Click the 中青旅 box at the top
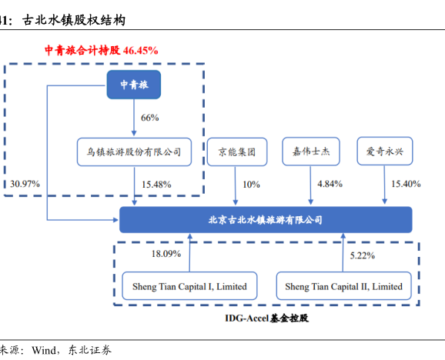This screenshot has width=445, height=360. [x=134, y=85]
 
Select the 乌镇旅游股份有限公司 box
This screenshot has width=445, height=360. [x=134, y=152]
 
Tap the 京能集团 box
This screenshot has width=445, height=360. [x=237, y=152]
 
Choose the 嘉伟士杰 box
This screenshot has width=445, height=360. [x=311, y=152]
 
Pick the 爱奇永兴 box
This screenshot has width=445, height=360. [x=385, y=151]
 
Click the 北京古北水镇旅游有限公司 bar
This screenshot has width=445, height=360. [x=266, y=220]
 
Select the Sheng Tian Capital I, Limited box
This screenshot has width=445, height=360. [x=189, y=285]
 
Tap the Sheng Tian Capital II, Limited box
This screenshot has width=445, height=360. [x=343, y=285]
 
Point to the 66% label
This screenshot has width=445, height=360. [x=150, y=118]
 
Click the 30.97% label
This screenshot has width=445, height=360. [x=25, y=184]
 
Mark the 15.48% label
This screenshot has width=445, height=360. [x=156, y=185]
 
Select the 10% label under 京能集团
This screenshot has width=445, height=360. [x=251, y=185]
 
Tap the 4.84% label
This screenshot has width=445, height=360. [x=330, y=184]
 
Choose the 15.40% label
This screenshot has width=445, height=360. [x=406, y=184]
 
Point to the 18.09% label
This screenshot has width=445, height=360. [x=166, y=254]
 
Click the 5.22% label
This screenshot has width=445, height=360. [x=363, y=255]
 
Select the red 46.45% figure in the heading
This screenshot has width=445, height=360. [x=140, y=51]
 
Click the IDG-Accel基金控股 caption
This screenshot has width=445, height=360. [x=267, y=318]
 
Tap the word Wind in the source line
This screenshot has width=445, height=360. [x=44, y=350]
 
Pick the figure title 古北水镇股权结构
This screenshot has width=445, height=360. [x=74, y=20]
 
